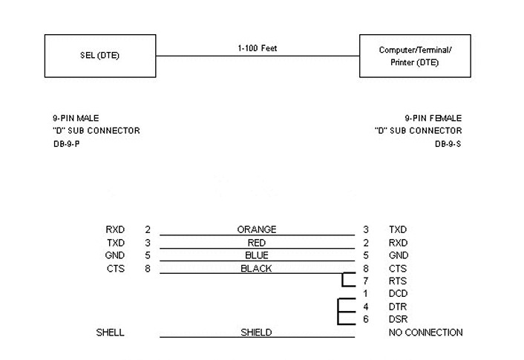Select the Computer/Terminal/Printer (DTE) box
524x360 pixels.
[415, 56]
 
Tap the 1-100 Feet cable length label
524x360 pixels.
[257, 48]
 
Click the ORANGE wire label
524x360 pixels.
[257, 230]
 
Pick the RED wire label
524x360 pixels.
[257, 243]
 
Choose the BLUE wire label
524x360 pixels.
[257, 255]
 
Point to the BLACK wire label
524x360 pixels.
[257, 269]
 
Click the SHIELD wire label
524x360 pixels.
[257, 333]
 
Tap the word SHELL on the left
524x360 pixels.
[111, 333]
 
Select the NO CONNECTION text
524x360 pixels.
[425, 333]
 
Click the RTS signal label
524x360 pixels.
[397, 281]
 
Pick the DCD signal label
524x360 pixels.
[398, 294]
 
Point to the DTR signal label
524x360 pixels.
[397, 307]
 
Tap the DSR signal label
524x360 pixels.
[397, 319]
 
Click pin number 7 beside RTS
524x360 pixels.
[366, 281]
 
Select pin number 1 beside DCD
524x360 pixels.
[366, 294]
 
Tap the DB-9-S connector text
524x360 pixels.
[448, 144]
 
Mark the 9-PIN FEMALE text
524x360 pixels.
[433, 118]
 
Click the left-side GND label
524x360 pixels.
[116, 255]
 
